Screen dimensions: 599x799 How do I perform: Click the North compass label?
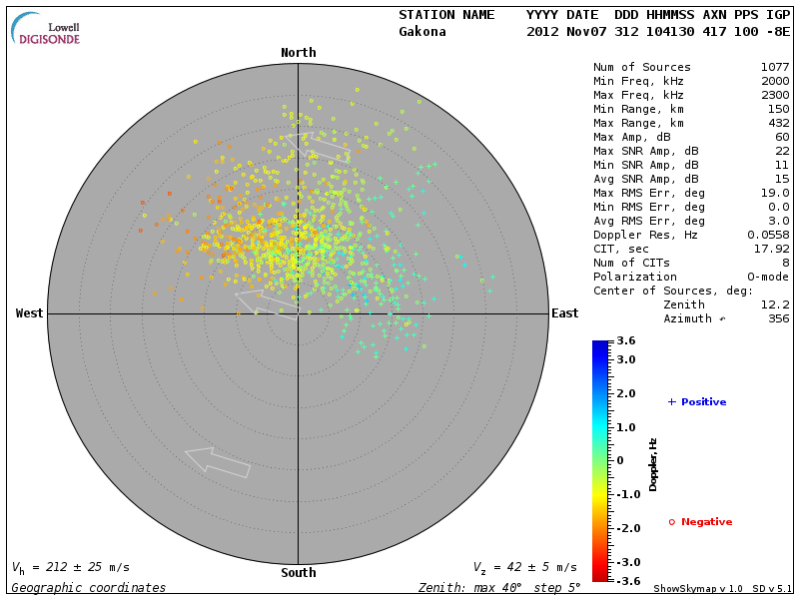[298, 53]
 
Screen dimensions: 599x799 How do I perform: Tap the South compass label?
[298, 573]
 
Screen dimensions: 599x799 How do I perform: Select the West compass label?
[29, 313]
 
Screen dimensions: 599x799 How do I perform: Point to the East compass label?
[564, 313]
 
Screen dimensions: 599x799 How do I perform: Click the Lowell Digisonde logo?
[47, 30]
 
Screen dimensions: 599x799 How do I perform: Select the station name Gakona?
[422, 31]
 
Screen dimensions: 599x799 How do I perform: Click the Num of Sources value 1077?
[774, 67]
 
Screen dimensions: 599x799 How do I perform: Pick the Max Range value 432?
[778, 123]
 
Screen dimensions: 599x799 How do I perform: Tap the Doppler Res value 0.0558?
[770, 235]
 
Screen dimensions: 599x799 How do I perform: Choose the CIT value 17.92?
[773, 249]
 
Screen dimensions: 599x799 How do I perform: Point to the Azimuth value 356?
[778, 318]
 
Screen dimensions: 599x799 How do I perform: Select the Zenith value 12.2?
[774, 304]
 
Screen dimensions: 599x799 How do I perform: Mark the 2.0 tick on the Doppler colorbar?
[625, 393]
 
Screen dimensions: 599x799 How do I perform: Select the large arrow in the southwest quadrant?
[218, 462]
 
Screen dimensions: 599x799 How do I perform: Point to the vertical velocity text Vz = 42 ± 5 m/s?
[524, 567]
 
